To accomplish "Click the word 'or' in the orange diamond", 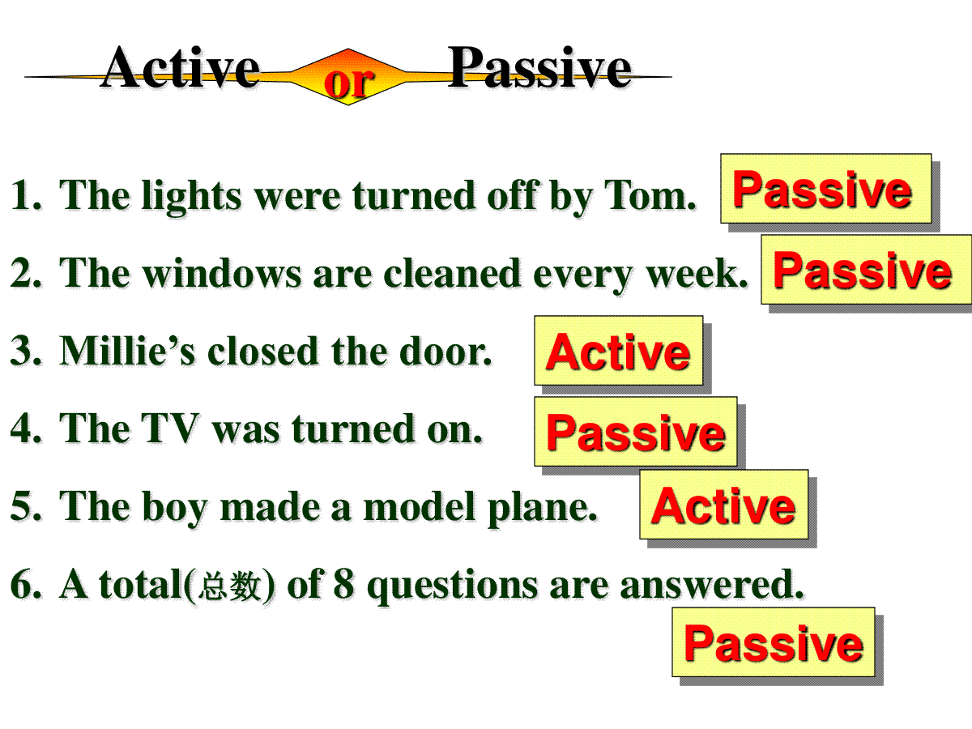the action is point(349,83).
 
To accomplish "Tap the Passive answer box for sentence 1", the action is point(826,189).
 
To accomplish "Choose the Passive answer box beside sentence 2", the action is point(867,270).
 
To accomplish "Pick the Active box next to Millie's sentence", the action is point(619,351).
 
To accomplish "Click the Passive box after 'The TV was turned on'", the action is point(636,432).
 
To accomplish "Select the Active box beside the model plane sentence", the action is point(724,505).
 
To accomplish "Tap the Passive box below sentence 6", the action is point(774,642).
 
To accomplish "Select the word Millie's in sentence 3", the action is point(127,351).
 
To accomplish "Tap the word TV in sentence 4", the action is point(170,428).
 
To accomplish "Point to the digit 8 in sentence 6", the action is point(343,584).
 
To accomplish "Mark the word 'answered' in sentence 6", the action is point(711,585).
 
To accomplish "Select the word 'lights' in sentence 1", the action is point(191,198).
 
